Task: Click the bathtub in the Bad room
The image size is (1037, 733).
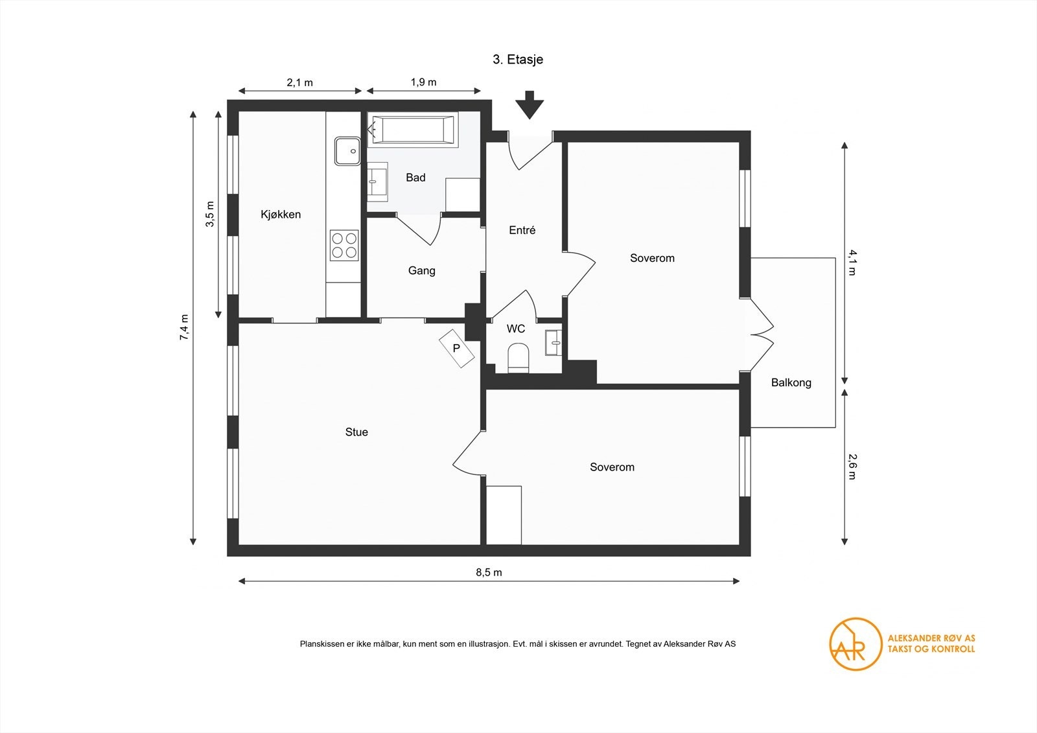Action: pos(412,130)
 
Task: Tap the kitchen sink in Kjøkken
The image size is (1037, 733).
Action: pos(347,151)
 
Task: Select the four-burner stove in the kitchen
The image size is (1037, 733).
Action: pos(344,246)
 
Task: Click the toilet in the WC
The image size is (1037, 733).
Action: pos(518,358)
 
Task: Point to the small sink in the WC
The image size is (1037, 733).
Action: pos(553,343)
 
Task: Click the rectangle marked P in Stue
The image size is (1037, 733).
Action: pos(456,348)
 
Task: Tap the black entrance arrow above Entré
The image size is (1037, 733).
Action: pos(530,105)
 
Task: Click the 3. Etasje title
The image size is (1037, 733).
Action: pos(518,59)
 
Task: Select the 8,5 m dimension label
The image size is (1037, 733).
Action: pos(489,572)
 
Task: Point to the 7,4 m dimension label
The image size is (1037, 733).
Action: pos(184,327)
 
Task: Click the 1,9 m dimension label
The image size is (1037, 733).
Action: pos(423,82)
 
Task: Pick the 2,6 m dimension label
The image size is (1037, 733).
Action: pos(852,466)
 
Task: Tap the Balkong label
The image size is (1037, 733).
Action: pos(791,382)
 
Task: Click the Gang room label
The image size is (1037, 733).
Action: pos(422,270)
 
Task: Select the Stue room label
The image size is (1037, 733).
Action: pos(356,432)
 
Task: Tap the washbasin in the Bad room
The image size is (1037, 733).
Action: pos(377,182)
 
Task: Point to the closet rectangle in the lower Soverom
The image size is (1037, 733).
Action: pos(504,515)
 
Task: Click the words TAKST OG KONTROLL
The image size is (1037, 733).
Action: pos(931,649)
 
